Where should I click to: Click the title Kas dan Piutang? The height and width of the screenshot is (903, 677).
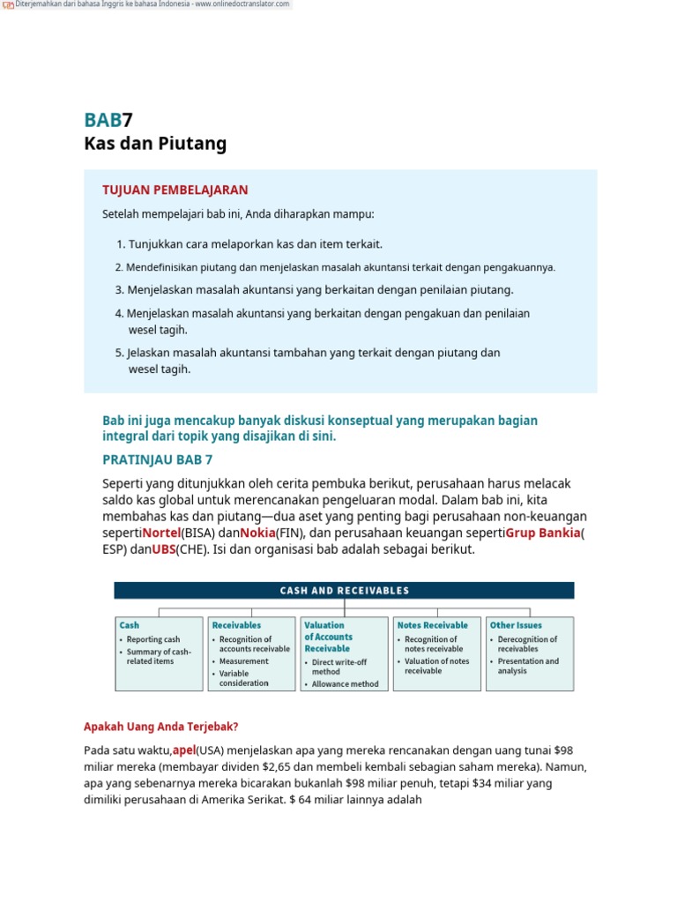coord(155,144)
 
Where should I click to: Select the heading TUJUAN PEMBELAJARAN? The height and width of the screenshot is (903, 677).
coord(175,190)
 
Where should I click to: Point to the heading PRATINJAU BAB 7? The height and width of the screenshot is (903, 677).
coord(158,459)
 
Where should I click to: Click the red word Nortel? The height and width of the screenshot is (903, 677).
coord(161,533)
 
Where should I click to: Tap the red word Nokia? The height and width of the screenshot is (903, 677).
coord(257,533)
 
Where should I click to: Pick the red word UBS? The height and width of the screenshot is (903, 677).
coord(164,549)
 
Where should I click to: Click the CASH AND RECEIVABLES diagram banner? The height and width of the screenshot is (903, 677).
coord(344,591)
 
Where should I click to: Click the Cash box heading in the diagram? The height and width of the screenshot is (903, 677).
coord(130,625)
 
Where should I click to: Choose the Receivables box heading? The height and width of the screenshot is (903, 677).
coord(236,625)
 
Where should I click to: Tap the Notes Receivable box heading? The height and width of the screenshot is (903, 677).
coord(432,625)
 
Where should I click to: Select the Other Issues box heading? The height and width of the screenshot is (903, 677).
coord(516,625)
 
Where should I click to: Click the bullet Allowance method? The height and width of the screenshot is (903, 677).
coord(345,683)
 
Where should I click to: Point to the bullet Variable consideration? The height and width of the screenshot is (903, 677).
coord(243,678)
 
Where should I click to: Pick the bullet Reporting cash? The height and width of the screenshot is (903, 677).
coord(153,639)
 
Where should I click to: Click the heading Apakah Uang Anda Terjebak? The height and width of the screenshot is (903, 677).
coord(161,727)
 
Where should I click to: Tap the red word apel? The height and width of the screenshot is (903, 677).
coord(184,750)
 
